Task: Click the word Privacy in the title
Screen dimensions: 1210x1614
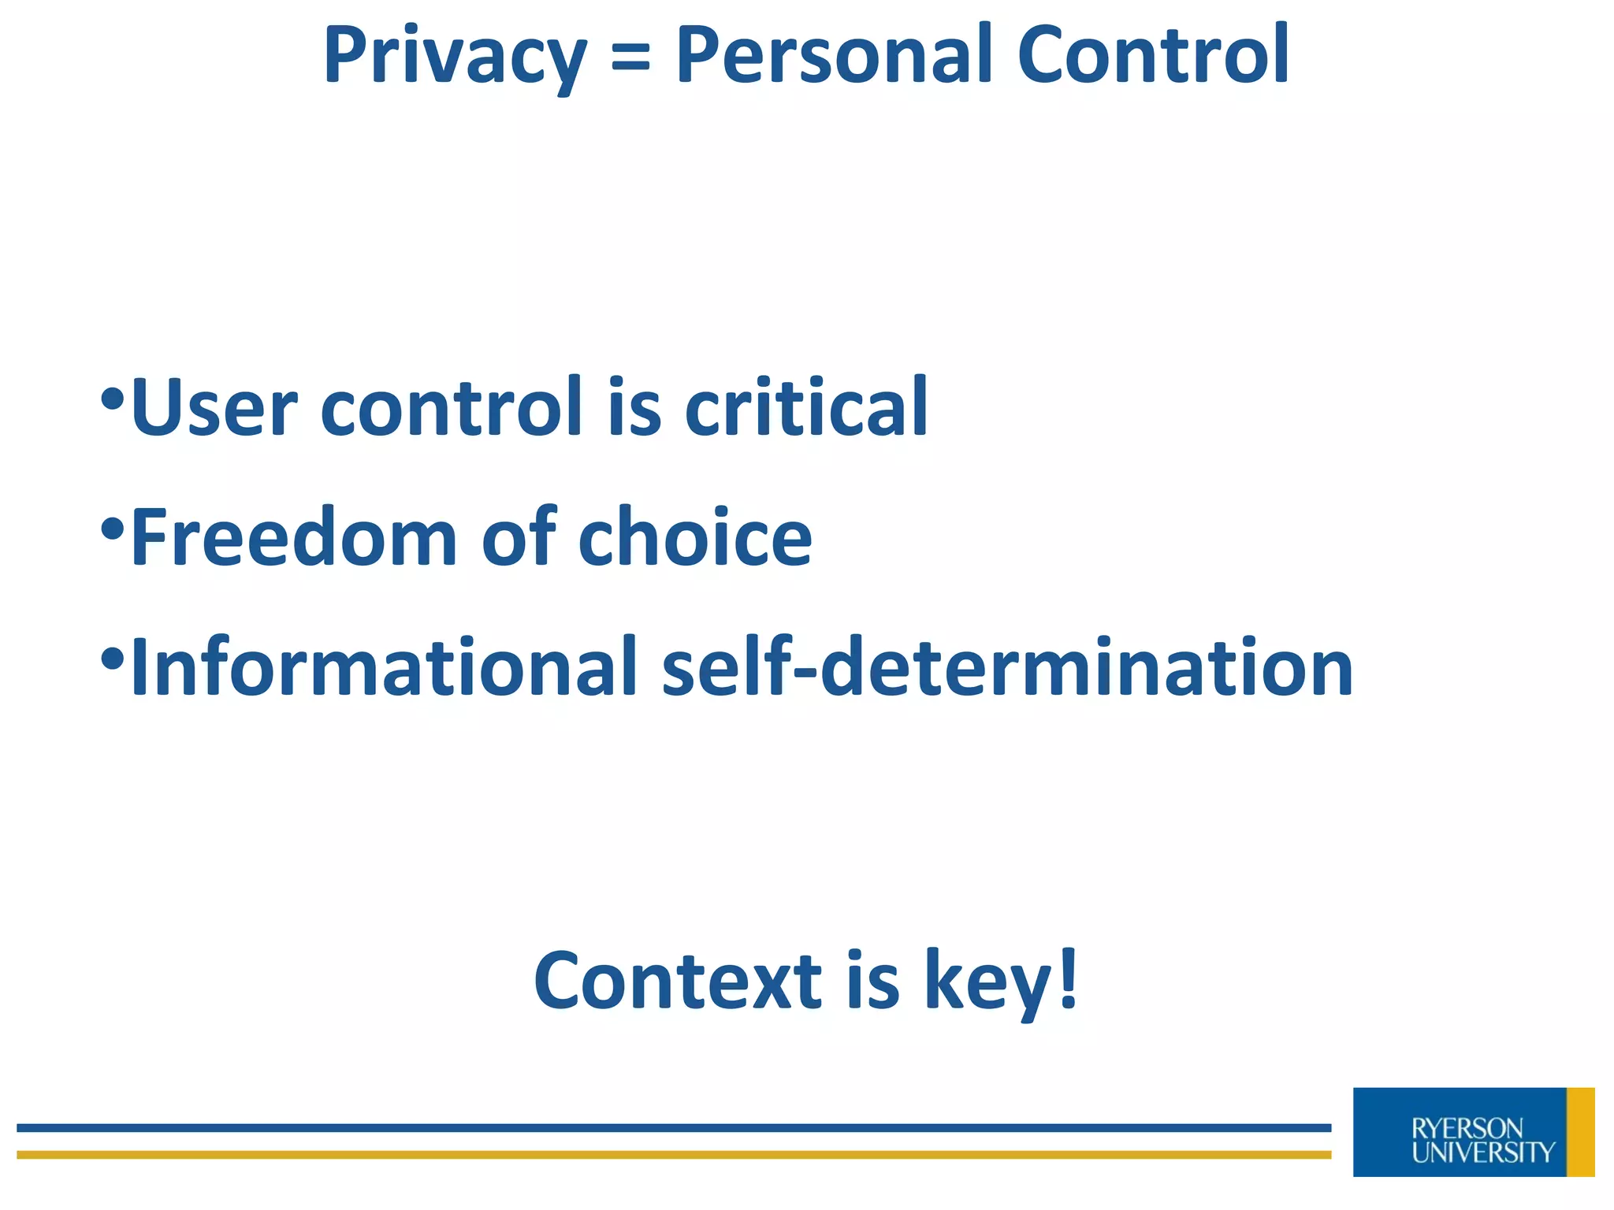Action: (455, 57)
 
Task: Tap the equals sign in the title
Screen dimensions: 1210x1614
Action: (630, 57)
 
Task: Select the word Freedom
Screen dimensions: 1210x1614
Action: (293, 538)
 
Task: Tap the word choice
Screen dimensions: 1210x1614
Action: (695, 538)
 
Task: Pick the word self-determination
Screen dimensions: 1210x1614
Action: (1008, 668)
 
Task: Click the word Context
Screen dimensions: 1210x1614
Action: (678, 981)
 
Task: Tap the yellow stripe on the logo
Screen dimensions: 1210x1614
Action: (1580, 1132)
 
